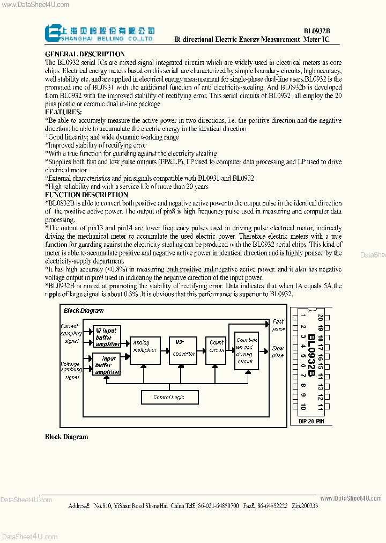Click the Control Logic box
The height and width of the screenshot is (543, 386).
tap(169, 397)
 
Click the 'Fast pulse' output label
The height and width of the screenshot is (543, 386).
tap(278, 325)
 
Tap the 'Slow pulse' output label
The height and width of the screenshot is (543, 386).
tap(278, 351)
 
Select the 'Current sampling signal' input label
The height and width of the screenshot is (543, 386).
tap(70, 333)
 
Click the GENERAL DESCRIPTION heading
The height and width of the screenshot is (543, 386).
tap(85, 54)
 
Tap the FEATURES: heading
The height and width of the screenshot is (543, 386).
tap(64, 112)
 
